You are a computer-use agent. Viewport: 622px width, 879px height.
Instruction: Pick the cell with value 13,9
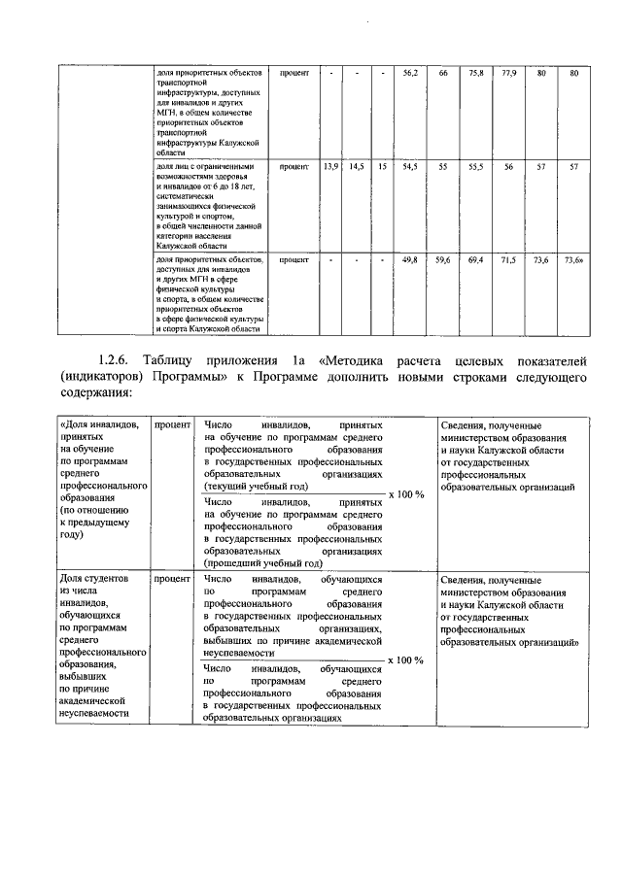coord(330,167)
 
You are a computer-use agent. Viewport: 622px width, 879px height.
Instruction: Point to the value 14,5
coord(357,167)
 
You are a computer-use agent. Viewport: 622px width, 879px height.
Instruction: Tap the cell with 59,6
coord(443,261)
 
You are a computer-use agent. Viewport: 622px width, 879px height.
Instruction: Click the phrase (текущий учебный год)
coord(257,486)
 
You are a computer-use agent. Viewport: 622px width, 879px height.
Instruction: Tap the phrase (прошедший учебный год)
coord(262,561)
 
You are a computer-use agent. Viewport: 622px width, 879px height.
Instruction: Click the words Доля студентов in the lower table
coord(94,579)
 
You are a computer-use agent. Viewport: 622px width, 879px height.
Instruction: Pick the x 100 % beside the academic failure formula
coord(406,659)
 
